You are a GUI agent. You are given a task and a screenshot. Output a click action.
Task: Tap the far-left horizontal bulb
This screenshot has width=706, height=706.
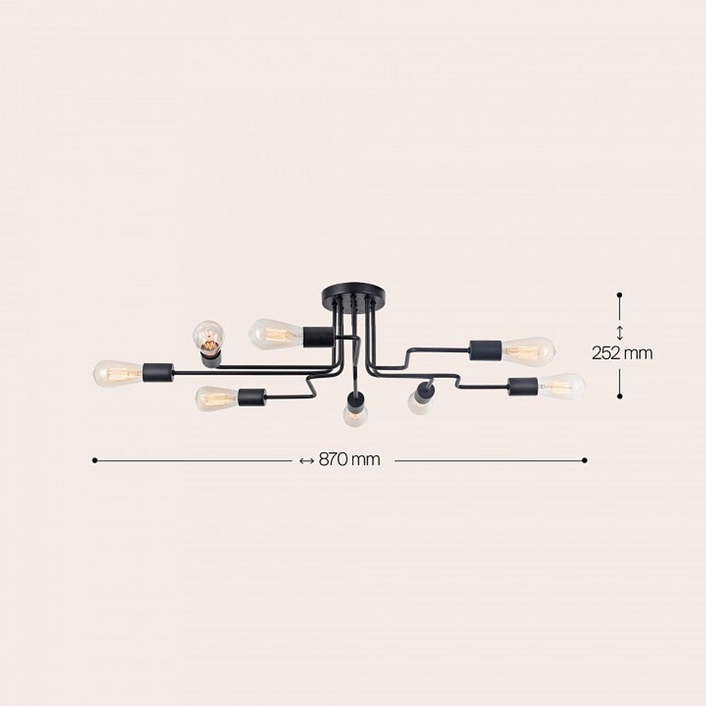pos(118,373)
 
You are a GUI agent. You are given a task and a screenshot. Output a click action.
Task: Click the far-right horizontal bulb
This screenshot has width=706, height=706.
pos(562,386)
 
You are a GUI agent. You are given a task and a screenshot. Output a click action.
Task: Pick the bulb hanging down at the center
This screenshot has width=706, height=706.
pos(355,414)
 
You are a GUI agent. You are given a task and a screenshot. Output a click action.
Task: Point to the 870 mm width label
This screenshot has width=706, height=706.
pos(349,460)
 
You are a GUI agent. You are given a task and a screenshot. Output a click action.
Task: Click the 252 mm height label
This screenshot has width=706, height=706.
pos(622,353)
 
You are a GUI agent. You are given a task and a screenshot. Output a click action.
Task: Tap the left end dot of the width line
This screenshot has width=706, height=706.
pos(94,460)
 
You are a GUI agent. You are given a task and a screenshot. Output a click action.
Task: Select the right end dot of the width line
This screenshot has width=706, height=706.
pos(585,460)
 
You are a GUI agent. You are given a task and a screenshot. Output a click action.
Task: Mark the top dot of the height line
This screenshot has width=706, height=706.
pos(619,294)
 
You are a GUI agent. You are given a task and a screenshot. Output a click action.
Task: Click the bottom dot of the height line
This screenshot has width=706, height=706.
pos(619,397)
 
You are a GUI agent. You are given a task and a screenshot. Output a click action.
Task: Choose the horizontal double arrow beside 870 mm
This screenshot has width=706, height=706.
pos(306,461)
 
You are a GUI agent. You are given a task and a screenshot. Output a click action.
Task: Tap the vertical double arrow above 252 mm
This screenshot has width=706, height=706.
pos(619,333)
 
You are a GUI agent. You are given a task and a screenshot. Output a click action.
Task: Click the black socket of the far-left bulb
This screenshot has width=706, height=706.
pos(158,372)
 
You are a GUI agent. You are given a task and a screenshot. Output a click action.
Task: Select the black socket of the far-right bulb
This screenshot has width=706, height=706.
pos(523,386)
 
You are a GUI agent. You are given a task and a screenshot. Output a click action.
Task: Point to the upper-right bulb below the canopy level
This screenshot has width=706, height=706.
pos(528,351)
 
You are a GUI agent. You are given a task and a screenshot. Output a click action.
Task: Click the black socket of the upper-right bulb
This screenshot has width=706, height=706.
pos(486,349)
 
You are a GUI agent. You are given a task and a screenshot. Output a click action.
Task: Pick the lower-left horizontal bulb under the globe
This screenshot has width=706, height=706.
pos(216,398)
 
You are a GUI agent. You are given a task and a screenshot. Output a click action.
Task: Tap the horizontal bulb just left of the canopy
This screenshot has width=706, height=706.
pos(275,334)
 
